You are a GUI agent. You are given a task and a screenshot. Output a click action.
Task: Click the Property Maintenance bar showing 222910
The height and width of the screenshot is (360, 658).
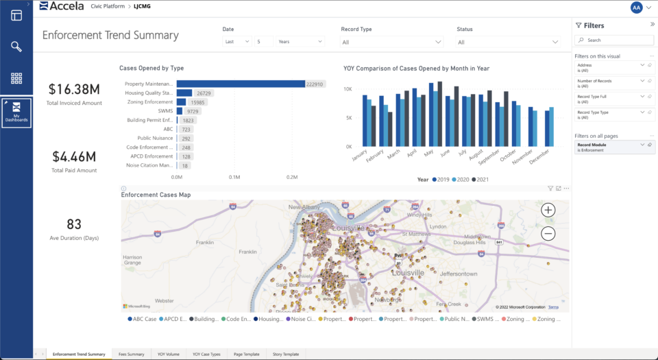[240, 84]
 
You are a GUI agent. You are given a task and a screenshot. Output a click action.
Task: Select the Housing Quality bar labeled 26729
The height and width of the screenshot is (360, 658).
[184, 93]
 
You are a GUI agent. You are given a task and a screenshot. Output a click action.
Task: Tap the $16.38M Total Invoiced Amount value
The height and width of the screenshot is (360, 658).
[74, 89]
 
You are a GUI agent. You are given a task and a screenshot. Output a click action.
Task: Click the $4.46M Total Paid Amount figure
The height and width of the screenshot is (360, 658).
[74, 156]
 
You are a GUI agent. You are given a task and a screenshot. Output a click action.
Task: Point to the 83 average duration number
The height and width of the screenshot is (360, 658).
[74, 224]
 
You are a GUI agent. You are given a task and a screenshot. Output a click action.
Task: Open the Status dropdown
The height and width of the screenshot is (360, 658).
[509, 42]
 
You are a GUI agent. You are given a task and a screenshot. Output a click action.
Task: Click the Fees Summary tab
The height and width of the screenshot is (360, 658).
[132, 354]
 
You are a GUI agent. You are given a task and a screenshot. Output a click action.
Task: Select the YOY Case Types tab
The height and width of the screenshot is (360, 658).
[206, 354]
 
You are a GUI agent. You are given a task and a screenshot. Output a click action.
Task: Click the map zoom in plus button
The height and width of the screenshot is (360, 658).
[548, 210]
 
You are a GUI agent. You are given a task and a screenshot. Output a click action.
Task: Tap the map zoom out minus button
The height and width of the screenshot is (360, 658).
[548, 234]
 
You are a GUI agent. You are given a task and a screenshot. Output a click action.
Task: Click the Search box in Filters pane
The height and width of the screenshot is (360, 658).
[614, 40]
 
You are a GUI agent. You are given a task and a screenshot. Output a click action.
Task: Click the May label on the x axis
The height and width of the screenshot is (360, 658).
[430, 153]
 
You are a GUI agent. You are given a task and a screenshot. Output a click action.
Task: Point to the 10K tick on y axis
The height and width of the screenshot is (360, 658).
[348, 89]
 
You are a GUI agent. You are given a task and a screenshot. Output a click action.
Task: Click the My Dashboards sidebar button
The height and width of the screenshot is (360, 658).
[16, 112]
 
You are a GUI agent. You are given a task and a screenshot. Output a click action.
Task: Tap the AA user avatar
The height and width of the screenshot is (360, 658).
[636, 7]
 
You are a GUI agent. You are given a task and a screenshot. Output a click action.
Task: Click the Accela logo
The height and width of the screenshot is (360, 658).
[62, 6]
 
